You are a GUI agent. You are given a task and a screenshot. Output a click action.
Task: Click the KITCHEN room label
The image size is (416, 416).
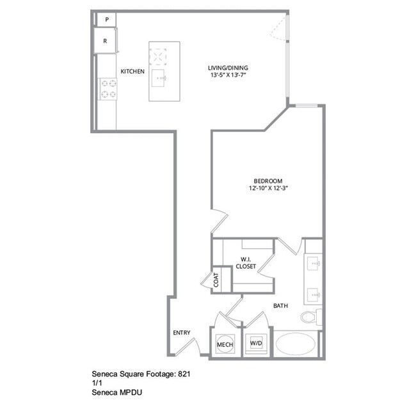tap(132, 71)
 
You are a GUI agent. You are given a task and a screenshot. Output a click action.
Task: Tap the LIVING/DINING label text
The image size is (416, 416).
tap(227, 68)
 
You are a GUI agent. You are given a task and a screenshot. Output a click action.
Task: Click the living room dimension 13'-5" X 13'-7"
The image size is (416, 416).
tap(227, 76)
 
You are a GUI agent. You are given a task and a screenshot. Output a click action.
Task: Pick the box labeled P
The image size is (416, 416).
tap(106, 20)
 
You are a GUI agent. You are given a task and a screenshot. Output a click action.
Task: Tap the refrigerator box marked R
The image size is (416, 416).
tap(106, 42)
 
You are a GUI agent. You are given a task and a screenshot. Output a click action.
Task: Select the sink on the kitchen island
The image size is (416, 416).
tap(160, 79)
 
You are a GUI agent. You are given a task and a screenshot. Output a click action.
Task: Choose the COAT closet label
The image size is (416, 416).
tap(216, 280)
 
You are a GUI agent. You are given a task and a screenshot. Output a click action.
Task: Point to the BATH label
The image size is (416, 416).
tap(280, 306)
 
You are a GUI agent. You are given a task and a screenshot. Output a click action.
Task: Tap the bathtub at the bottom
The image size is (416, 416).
tap(296, 344)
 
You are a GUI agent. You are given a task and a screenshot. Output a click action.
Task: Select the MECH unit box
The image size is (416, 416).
tap(225, 344)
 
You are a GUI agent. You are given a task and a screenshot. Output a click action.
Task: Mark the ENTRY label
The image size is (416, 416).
tap(182, 332)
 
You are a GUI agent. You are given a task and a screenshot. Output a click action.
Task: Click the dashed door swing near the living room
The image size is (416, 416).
tap(280, 29)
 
